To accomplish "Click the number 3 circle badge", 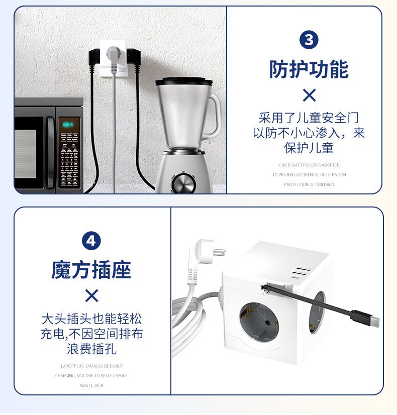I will click(x=309, y=40).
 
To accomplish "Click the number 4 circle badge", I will click(x=91, y=241).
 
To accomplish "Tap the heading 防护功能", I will click(x=309, y=69).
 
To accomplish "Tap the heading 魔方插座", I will click(x=91, y=270).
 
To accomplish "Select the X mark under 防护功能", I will click(x=309, y=95).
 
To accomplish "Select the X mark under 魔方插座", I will click(x=91, y=295).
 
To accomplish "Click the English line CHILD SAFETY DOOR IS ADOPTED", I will click(x=309, y=165).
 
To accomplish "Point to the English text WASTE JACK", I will click(x=91, y=385).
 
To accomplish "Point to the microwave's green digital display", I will click(x=67, y=124).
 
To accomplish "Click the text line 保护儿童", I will click(x=309, y=149).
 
